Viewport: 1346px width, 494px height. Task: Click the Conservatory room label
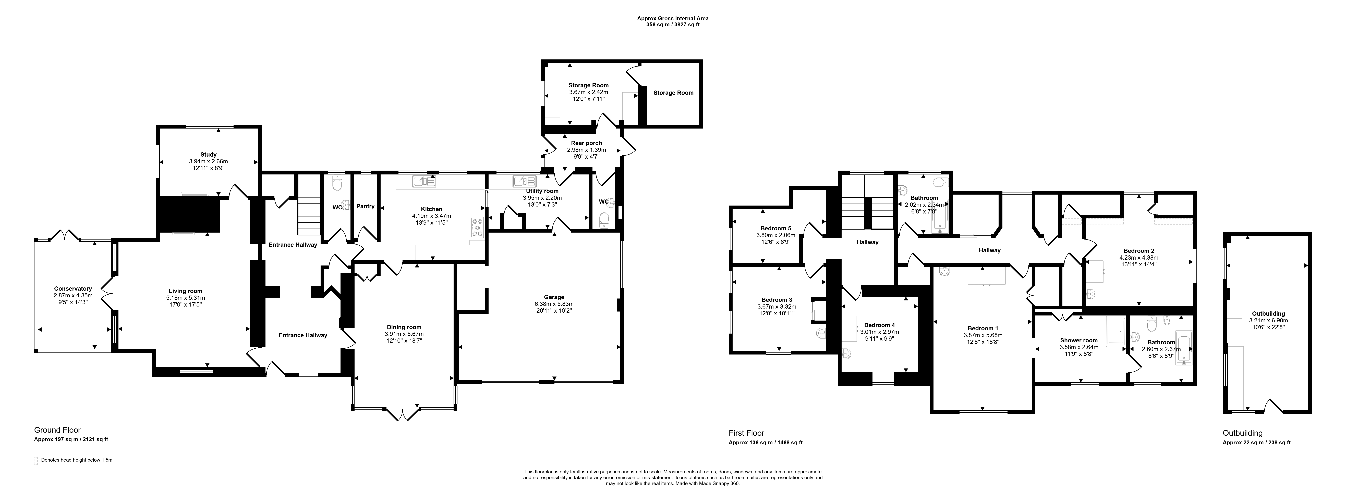(73, 289)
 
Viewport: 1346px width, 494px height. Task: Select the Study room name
(209, 155)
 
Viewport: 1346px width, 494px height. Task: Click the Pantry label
(366, 206)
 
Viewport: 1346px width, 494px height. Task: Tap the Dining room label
(404, 327)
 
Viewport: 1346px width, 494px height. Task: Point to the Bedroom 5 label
(776, 228)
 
